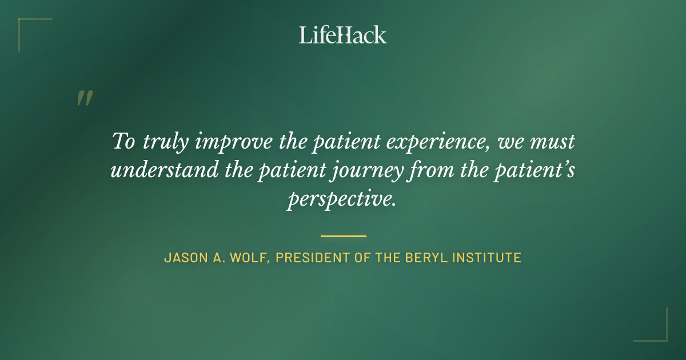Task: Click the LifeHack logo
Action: click(342, 35)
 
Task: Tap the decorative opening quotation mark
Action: click(84, 98)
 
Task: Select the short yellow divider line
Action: click(343, 235)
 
